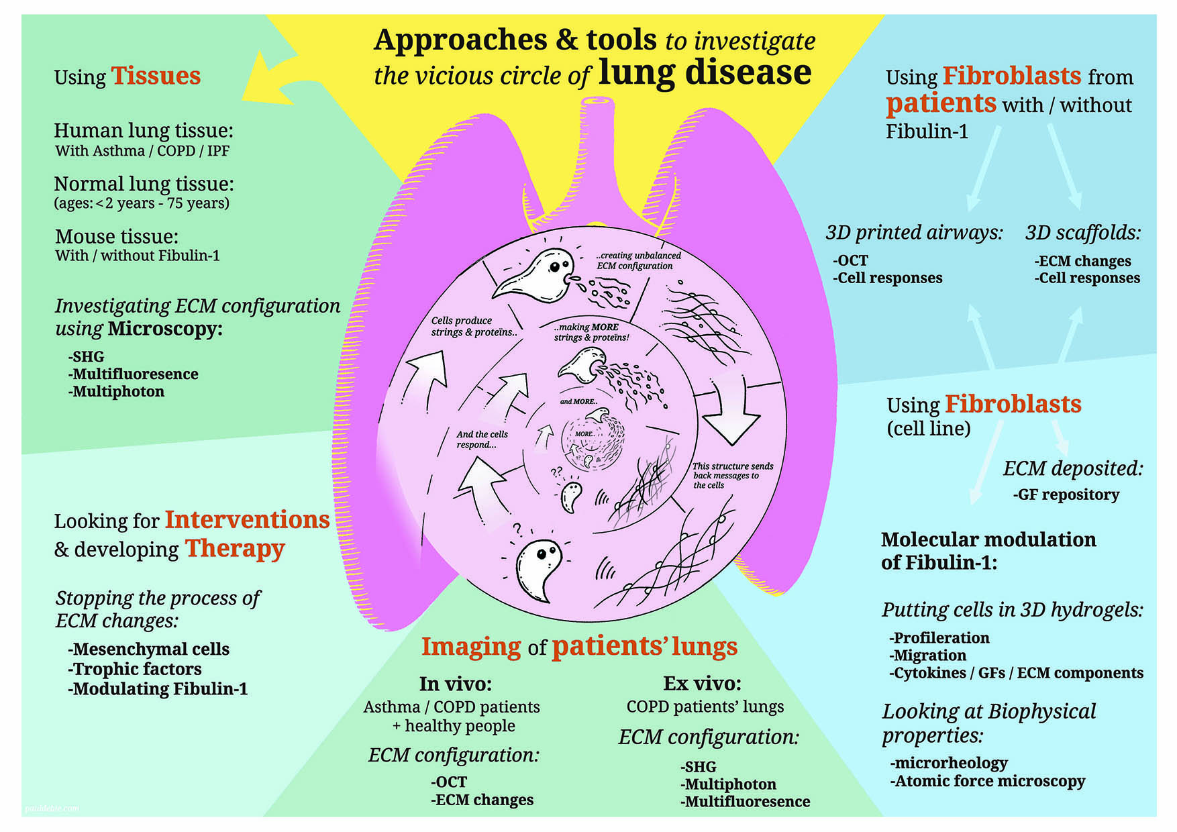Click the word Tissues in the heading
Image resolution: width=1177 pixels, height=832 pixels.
click(156, 76)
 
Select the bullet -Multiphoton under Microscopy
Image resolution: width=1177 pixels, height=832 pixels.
click(117, 392)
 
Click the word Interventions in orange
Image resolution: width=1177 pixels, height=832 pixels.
click(247, 520)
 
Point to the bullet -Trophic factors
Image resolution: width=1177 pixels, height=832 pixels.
click(135, 669)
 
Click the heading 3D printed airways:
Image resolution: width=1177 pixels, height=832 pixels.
click(914, 233)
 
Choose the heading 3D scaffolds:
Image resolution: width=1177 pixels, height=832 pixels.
click(1082, 233)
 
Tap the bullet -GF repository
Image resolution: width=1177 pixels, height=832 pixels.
click(1066, 495)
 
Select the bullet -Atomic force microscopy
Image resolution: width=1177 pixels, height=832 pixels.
click(988, 781)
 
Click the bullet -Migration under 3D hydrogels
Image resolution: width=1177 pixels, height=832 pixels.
click(928, 656)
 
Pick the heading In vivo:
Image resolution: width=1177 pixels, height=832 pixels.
click(456, 684)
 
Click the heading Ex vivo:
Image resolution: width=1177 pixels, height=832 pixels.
click(702, 684)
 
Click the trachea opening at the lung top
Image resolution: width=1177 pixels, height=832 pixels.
click(597, 103)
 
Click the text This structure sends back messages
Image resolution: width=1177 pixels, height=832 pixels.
click(732, 475)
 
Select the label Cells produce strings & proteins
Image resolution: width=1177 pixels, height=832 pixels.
click(473, 326)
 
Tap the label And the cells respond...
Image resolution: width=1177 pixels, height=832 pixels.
click(482, 439)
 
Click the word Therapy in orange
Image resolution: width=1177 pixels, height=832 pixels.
click(235, 548)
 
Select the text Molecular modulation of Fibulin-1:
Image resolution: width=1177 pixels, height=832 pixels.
click(988, 551)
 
